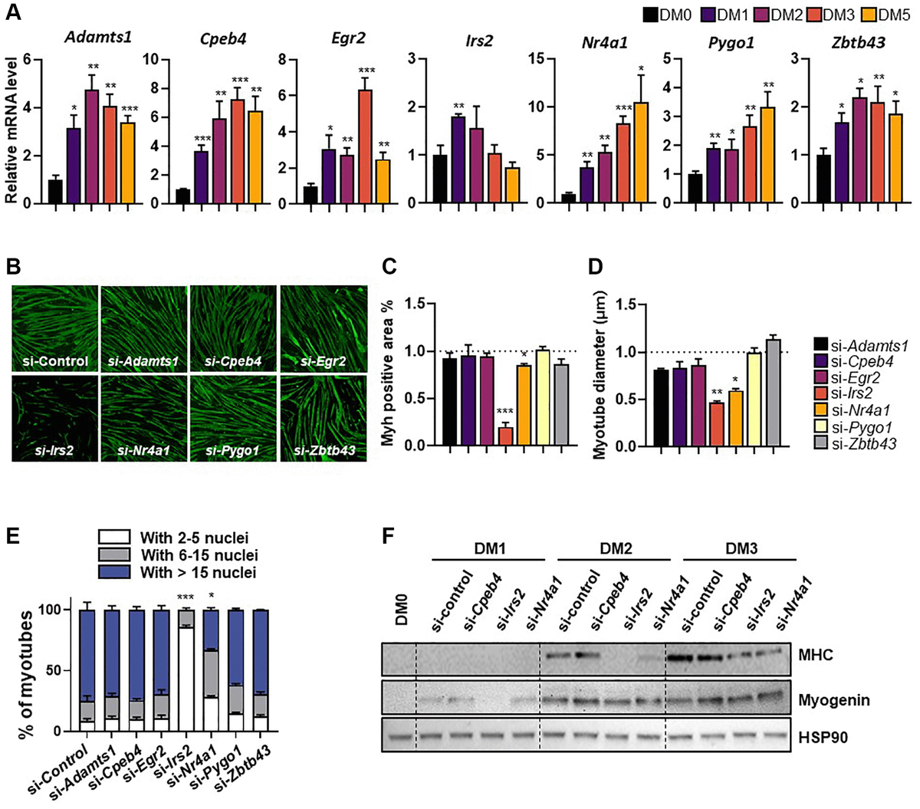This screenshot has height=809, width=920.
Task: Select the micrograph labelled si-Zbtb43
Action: pos(324,416)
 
